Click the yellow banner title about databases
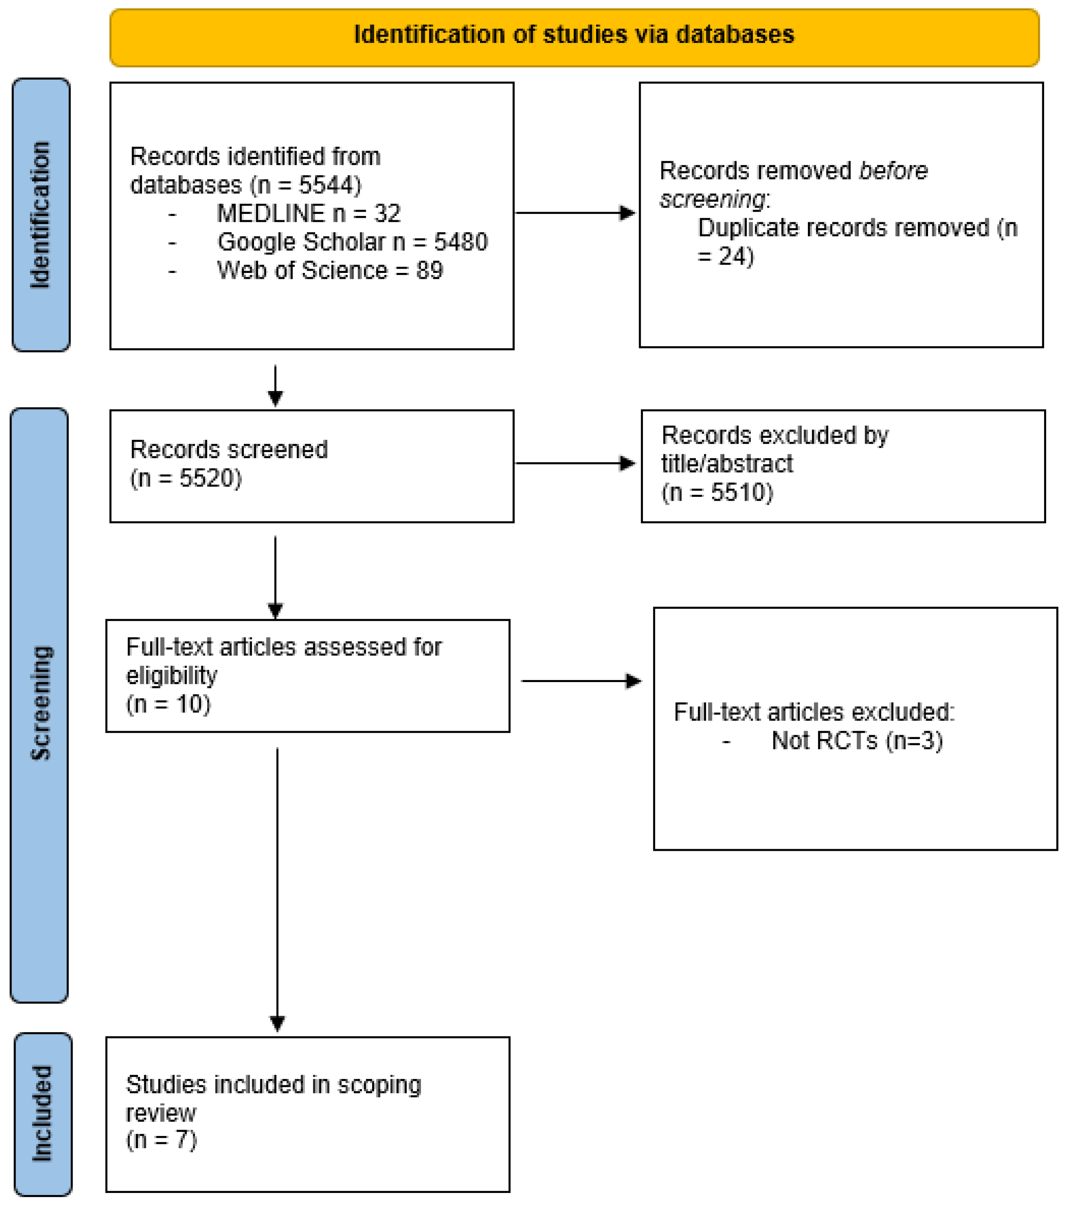[x=573, y=35]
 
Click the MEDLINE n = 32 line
[x=308, y=213]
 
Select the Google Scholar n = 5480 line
[x=352, y=242]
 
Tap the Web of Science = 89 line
[x=330, y=270]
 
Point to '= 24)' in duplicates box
[x=725, y=256]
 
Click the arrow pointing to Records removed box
[x=575, y=213]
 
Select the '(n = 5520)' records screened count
[x=186, y=478]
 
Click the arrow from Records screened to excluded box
[x=575, y=463]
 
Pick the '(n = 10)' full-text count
[x=168, y=704]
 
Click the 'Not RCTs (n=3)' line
[x=857, y=741]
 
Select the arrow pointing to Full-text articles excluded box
[x=581, y=682]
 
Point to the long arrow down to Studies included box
[x=277, y=885]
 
